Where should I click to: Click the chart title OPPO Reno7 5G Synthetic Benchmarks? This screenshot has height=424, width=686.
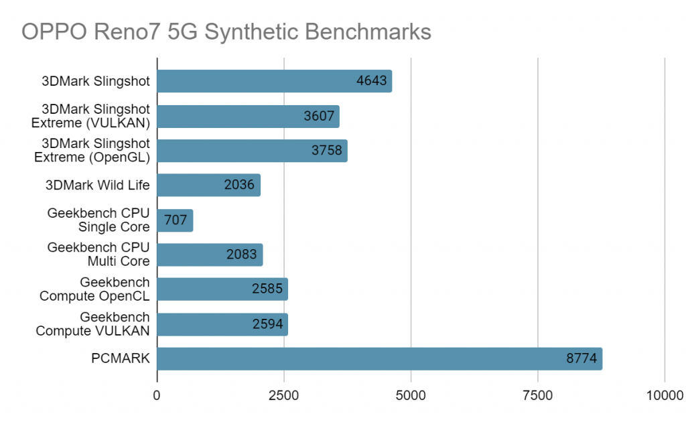pyautogui.click(x=226, y=31)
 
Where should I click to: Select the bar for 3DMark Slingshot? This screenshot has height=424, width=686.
pyautogui.click(x=274, y=82)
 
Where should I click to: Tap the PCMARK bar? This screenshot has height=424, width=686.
pyautogui.click(x=379, y=359)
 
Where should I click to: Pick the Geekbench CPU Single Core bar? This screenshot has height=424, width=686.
pyautogui.click(x=175, y=220)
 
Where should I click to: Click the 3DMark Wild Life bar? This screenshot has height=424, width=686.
pyautogui.click(x=208, y=186)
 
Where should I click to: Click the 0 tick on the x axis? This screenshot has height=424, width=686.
pyautogui.click(x=157, y=395)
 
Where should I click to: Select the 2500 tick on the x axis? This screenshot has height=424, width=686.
pyautogui.click(x=284, y=395)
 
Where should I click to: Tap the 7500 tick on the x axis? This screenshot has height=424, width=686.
pyautogui.click(x=538, y=395)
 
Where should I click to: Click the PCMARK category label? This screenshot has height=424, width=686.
pyautogui.click(x=121, y=359)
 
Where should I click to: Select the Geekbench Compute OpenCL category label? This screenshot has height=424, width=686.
pyautogui.click(x=94, y=289)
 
